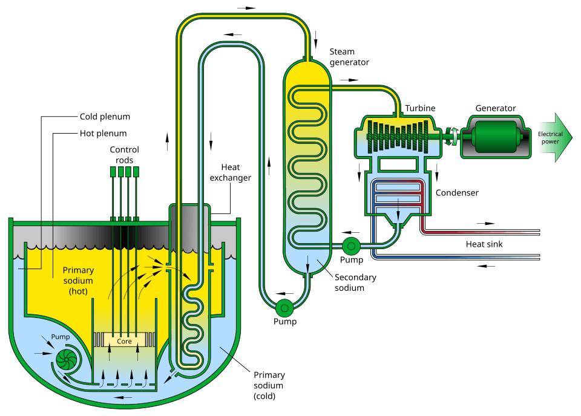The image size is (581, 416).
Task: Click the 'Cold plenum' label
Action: (105, 117)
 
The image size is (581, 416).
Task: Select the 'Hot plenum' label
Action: (103, 133)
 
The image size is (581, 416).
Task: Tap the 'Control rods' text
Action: (124, 155)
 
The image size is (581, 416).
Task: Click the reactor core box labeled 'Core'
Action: (125, 341)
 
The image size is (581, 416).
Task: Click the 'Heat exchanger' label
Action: (230, 172)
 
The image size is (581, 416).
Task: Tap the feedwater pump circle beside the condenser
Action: (351, 245)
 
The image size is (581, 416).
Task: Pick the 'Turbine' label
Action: (421, 108)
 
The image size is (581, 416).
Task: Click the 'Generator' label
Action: (495, 108)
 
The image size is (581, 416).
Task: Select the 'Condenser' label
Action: (457, 193)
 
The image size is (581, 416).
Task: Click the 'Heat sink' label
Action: (484, 244)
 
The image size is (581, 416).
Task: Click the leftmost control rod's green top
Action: (113, 172)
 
